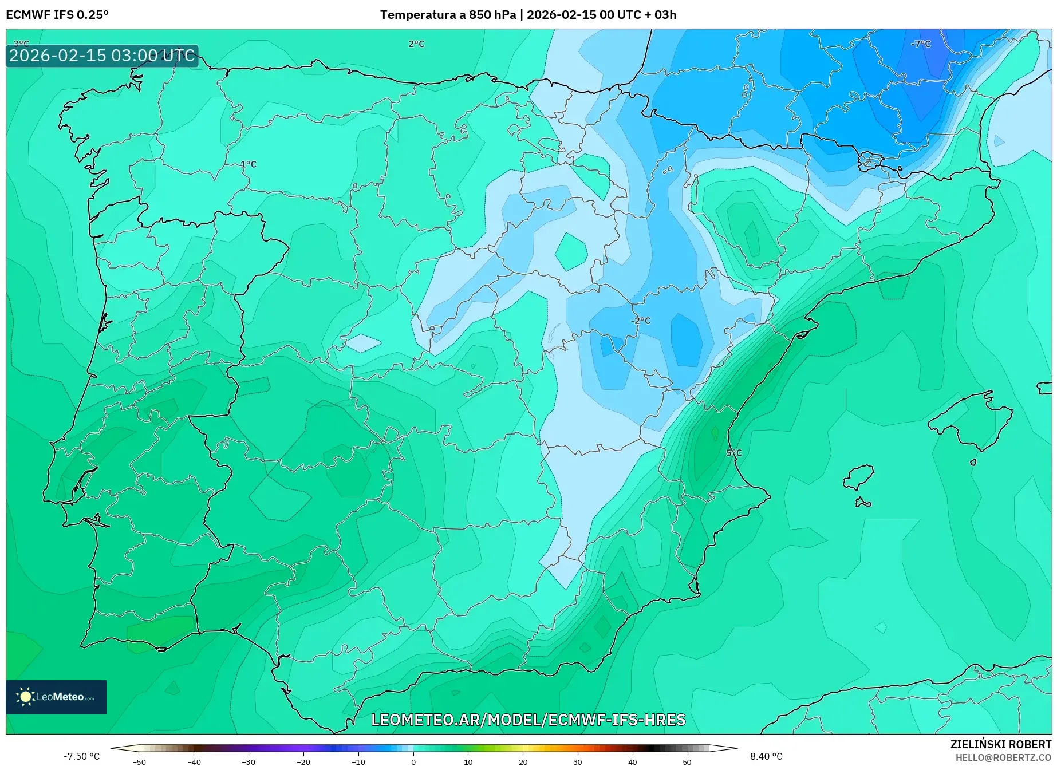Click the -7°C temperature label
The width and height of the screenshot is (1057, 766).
click(921, 44)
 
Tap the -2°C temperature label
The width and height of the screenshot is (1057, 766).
click(641, 321)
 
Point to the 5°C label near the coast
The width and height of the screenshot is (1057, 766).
click(733, 453)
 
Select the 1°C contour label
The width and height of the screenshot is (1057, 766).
click(248, 164)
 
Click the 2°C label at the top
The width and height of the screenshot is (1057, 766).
click(416, 44)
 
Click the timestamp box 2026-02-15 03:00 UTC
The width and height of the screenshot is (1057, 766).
click(102, 56)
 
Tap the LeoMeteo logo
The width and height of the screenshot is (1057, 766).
click(56, 697)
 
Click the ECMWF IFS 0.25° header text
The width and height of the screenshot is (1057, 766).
click(57, 15)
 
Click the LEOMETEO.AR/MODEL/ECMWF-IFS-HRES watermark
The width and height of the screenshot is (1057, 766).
click(528, 720)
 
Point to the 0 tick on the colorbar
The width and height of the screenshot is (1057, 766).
click(413, 761)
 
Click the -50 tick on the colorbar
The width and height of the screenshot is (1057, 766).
click(139, 761)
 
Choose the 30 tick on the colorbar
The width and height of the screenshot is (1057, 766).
click(577, 761)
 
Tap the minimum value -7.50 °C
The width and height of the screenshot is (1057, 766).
click(81, 756)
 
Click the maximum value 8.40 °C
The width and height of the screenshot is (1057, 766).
click(766, 756)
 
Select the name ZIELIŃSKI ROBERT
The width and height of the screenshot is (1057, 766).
click(1000, 744)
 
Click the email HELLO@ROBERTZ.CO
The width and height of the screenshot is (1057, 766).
click(1003, 757)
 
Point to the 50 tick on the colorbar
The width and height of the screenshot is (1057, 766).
click(687, 761)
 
